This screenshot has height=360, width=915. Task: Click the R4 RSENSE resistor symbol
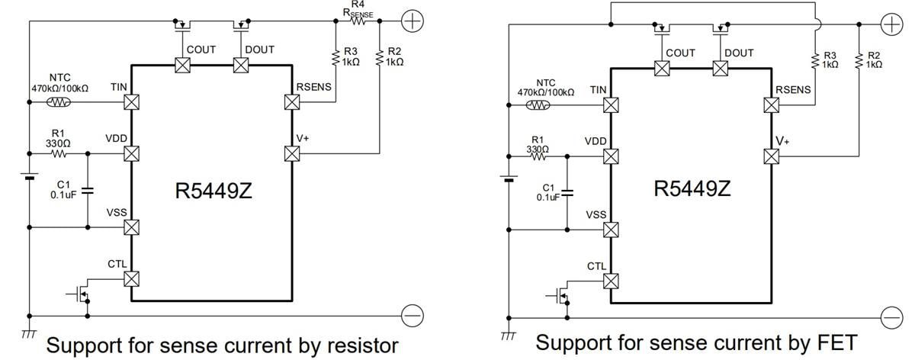click(357, 21)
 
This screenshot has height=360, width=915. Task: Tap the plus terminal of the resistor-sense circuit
click(412, 21)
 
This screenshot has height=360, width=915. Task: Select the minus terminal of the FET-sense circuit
click(891, 317)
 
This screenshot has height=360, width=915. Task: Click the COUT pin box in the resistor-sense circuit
click(182, 66)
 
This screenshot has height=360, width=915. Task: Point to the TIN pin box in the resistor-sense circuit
click(131, 101)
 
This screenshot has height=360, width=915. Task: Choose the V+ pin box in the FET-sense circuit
click(771, 156)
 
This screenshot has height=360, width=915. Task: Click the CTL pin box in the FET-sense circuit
click(611, 281)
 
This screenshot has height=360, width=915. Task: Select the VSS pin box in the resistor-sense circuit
click(131, 227)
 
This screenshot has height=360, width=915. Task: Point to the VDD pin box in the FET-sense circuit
click(611, 156)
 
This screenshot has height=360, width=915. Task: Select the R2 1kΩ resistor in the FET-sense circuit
click(859, 60)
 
